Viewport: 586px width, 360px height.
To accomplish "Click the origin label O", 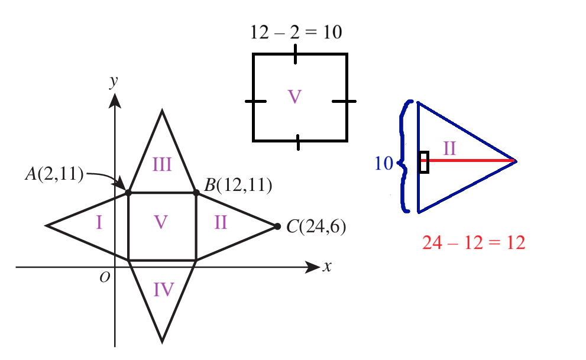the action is point(105,277).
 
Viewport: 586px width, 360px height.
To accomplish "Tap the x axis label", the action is point(328,267).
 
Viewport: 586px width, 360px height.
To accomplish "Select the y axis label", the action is point(114,81).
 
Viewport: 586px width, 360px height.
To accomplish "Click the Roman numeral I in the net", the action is point(99,223).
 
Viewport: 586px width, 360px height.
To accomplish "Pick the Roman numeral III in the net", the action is point(162,165).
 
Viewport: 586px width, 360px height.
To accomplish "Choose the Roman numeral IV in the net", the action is point(164,290).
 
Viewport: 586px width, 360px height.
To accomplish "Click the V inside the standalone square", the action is point(294,97).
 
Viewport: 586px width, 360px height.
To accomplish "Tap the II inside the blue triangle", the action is point(449,148).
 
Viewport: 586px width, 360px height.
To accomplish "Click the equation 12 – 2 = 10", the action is point(296,32).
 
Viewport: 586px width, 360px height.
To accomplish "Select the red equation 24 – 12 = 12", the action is point(474,243).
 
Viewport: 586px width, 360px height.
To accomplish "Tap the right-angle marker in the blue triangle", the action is point(423,163).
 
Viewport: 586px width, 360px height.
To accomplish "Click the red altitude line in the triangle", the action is point(468,161).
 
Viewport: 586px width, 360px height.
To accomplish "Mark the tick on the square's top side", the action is point(295,54).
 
